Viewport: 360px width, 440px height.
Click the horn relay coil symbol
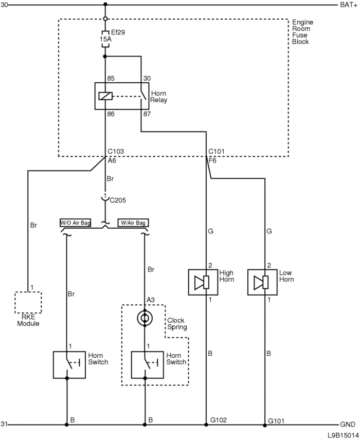tap(105, 96)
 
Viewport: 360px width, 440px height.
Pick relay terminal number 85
tap(111, 79)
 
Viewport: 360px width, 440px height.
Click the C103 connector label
tap(116, 152)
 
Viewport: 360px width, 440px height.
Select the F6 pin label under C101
tap(212, 160)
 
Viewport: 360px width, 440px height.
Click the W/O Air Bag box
tap(75, 223)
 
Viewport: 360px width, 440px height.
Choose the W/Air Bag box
tap(133, 223)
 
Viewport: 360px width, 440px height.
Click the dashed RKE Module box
tap(28, 302)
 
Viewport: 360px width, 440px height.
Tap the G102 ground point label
tap(219, 419)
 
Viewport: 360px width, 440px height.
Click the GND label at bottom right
tap(347, 425)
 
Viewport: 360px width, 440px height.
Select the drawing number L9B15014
tap(343, 435)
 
